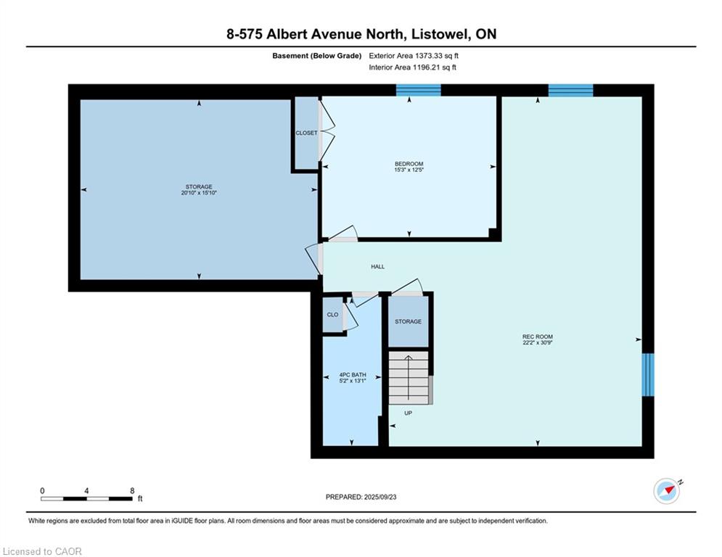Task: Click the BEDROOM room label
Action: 409,164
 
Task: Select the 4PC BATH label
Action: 353,375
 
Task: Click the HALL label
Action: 377,267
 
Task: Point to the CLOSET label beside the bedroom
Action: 306,133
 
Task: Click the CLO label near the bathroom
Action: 332,315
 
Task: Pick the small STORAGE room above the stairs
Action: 408,321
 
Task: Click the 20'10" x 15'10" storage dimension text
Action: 198,194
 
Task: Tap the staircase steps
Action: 409,377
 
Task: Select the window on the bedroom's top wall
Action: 418,90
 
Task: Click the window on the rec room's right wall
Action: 648,374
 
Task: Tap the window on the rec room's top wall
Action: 570,90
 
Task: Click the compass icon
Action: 667,491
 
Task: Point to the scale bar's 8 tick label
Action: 132,491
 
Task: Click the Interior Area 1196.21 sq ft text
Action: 412,67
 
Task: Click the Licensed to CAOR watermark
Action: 43,551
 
